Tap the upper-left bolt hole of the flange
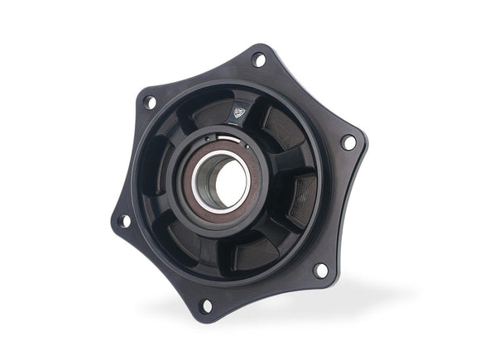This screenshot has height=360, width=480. pyautogui.click(x=150, y=103)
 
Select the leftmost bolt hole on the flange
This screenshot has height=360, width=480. pyautogui.click(x=123, y=221)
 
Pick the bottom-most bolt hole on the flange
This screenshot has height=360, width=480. pyautogui.click(x=206, y=305)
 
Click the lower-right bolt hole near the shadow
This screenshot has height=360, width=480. pyautogui.click(x=320, y=270)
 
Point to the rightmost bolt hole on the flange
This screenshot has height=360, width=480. pyautogui.click(x=348, y=142)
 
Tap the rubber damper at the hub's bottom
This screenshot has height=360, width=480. pyautogui.click(x=252, y=253)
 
